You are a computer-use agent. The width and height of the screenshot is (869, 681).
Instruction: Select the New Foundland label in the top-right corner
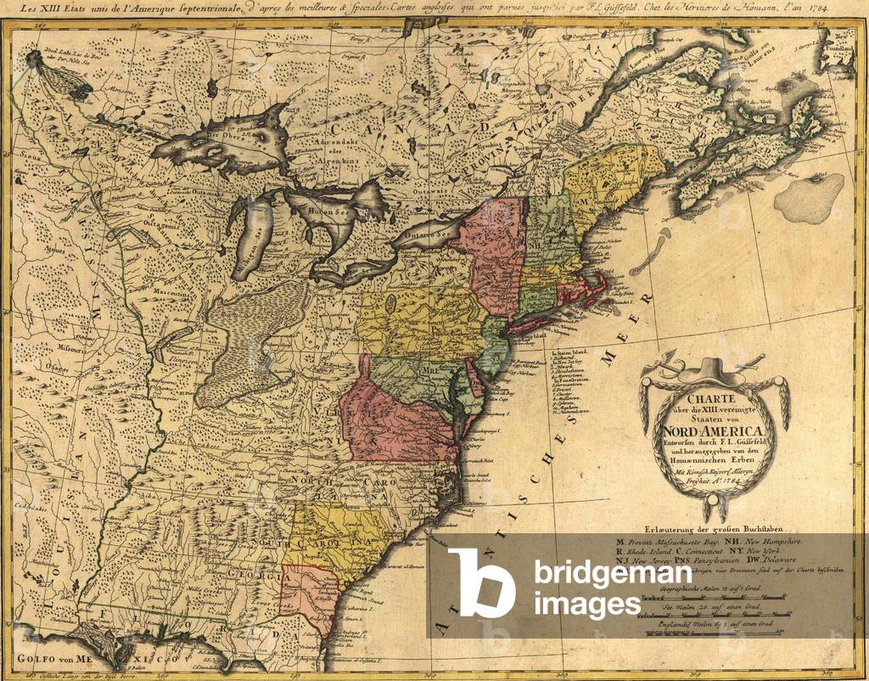click(843, 39)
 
